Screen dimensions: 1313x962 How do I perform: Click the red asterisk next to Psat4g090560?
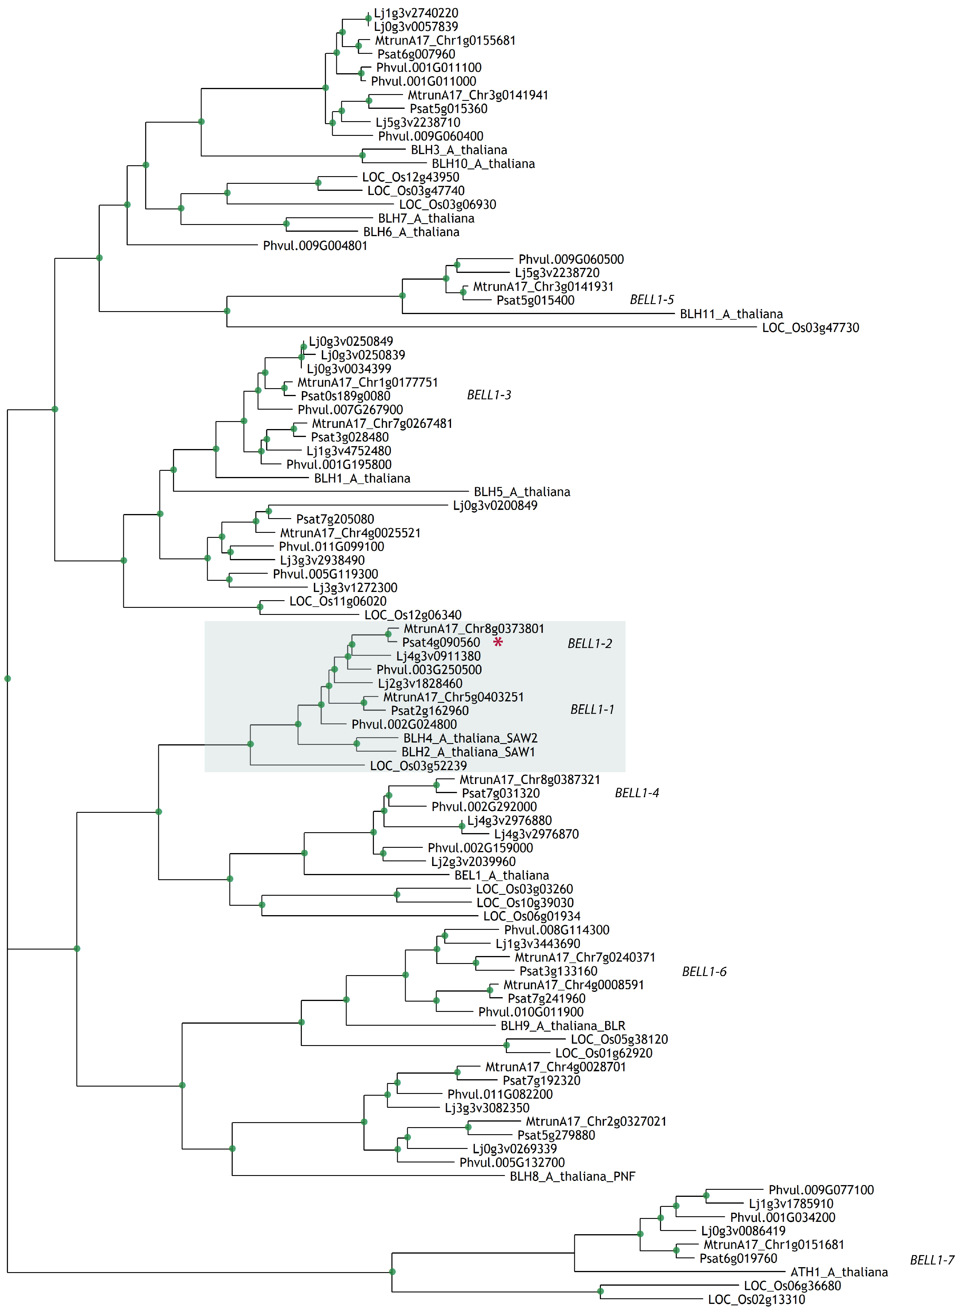pyautogui.click(x=498, y=642)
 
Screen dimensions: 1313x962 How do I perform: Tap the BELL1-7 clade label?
pyautogui.click(x=932, y=1260)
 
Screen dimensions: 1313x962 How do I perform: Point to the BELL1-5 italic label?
pyautogui.click(x=652, y=300)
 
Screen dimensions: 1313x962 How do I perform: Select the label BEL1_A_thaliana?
pyautogui.click(x=501, y=875)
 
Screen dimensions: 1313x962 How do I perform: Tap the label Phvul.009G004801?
pyautogui.click(x=315, y=246)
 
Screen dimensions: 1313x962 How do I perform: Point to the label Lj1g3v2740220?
pyautogui.click(x=416, y=13)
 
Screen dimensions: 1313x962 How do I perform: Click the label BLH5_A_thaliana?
pyautogui.click(x=522, y=492)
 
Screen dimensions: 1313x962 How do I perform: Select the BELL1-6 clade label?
pyautogui.click(x=704, y=971)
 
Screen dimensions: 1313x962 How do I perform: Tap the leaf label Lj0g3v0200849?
pyautogui.click(x=495, y=505)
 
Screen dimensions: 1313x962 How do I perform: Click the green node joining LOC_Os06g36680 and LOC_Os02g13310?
pyautogui.click(x=600, y=1292)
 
